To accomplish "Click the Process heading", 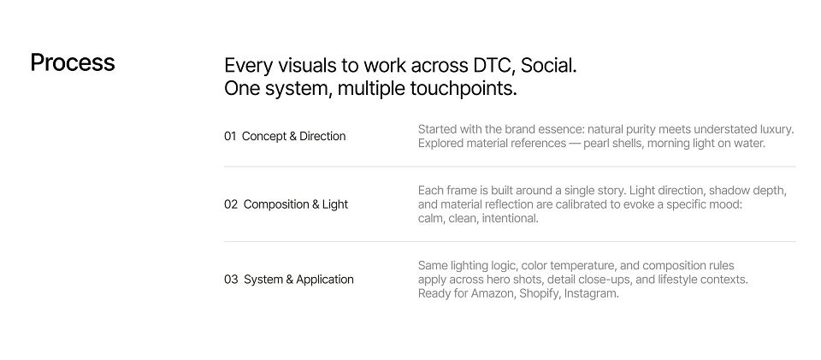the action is click(73, 63).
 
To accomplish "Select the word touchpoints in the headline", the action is click(464, 88).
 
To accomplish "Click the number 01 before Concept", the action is click(230, 136).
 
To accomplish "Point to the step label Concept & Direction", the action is click(293, 136).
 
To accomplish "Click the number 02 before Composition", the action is click(231, 204).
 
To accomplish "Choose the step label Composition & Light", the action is click(296, 204).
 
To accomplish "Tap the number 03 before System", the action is click(231, 280).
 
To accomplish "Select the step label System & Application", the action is click(299, 280).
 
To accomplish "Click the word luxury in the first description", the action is click(777, 129).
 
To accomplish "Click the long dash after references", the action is click(575, 144).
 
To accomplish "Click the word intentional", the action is click(511, 218).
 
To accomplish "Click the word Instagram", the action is click(592, 293).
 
